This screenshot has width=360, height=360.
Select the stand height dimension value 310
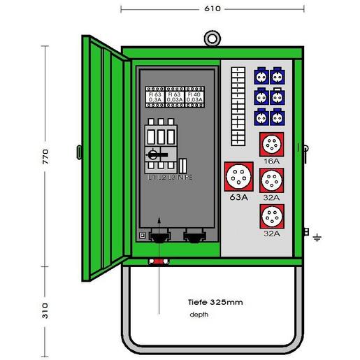click(x=45, y=308)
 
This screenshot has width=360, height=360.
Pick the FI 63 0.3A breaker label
click(x=154, y=97)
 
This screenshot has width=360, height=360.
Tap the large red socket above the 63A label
click(x=238, y=177)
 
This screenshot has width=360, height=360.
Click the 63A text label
click(x=239, y=198)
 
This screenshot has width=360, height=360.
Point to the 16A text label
click(x=271, y=161)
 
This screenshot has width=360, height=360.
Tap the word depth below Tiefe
click(x=199, y=315)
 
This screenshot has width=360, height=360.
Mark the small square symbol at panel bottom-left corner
click(x=143, y=237)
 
